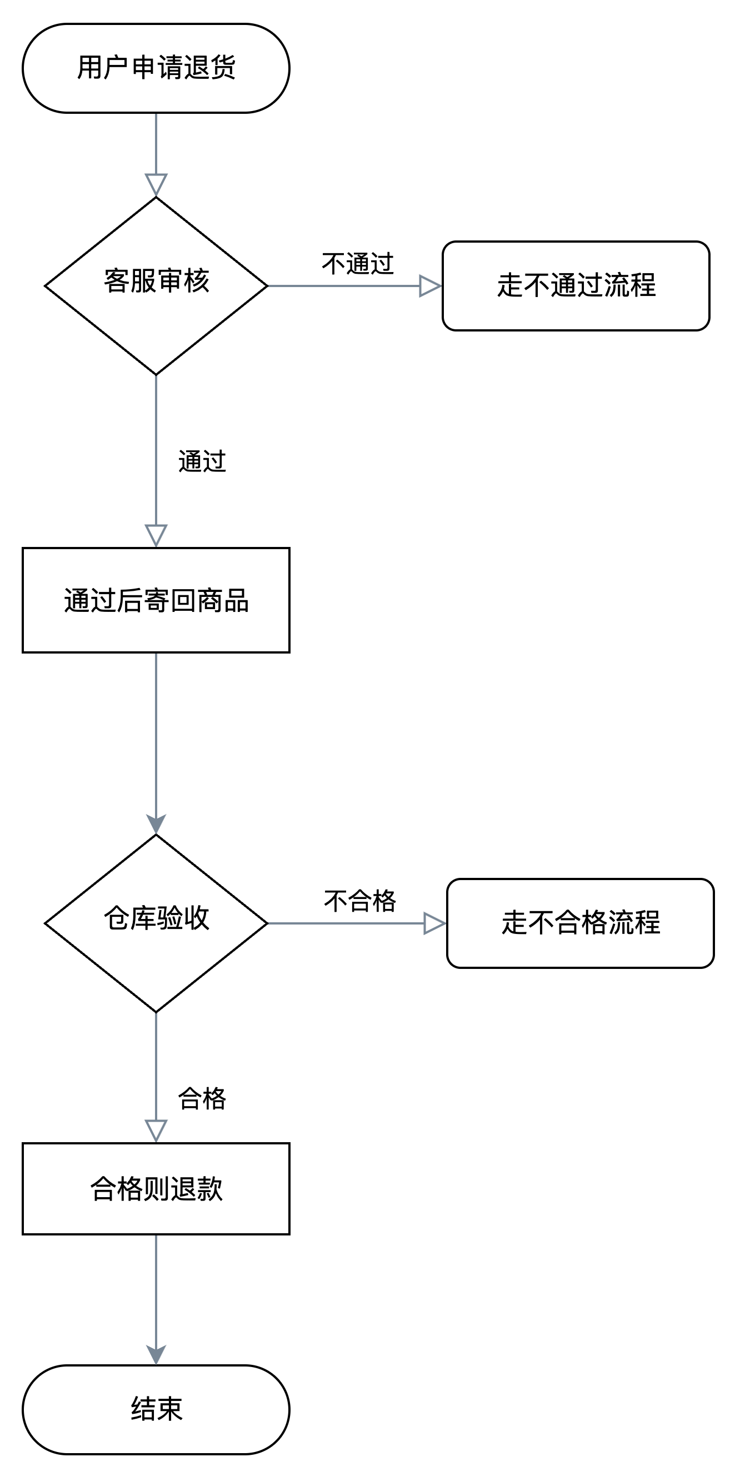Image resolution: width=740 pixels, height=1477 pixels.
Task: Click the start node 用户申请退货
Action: tap(156, 68)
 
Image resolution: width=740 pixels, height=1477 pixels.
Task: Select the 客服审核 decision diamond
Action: tap(156, 285)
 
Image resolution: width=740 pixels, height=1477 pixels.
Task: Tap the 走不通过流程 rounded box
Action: tap(576, 285)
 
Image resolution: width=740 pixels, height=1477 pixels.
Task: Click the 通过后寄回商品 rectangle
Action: tap(156, 600)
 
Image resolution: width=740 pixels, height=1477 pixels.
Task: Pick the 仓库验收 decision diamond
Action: tap(156, 923)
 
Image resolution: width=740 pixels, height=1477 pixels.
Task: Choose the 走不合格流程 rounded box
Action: tap(580, 923)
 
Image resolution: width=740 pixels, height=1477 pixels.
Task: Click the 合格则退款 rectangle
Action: tap(156, 1189)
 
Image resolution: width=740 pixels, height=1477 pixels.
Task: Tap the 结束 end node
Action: tap(156, 1409)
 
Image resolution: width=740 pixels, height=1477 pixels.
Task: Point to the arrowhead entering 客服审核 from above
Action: tap(156, 184)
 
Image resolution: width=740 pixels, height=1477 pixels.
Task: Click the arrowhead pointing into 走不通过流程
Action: tap(429, 285)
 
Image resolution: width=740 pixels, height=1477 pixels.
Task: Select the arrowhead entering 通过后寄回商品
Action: tap(156, 535)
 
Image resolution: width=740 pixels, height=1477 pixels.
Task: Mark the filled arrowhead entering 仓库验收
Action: tap(156, 823)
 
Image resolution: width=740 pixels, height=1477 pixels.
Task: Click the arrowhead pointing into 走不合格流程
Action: tap(434, 923)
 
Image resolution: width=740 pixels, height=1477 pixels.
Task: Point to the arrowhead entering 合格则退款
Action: tap(156, 1130)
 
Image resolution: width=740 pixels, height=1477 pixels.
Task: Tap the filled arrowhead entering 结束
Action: tap(156, 1354)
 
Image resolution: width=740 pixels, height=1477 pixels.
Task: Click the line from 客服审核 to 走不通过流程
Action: tap(344, 285)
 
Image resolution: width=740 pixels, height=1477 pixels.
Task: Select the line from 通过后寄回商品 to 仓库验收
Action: tap(156, 734)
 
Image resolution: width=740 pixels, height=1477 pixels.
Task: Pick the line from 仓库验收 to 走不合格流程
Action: tap(344, 923)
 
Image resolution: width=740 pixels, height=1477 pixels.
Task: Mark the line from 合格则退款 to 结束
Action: tap(156, 1290)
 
